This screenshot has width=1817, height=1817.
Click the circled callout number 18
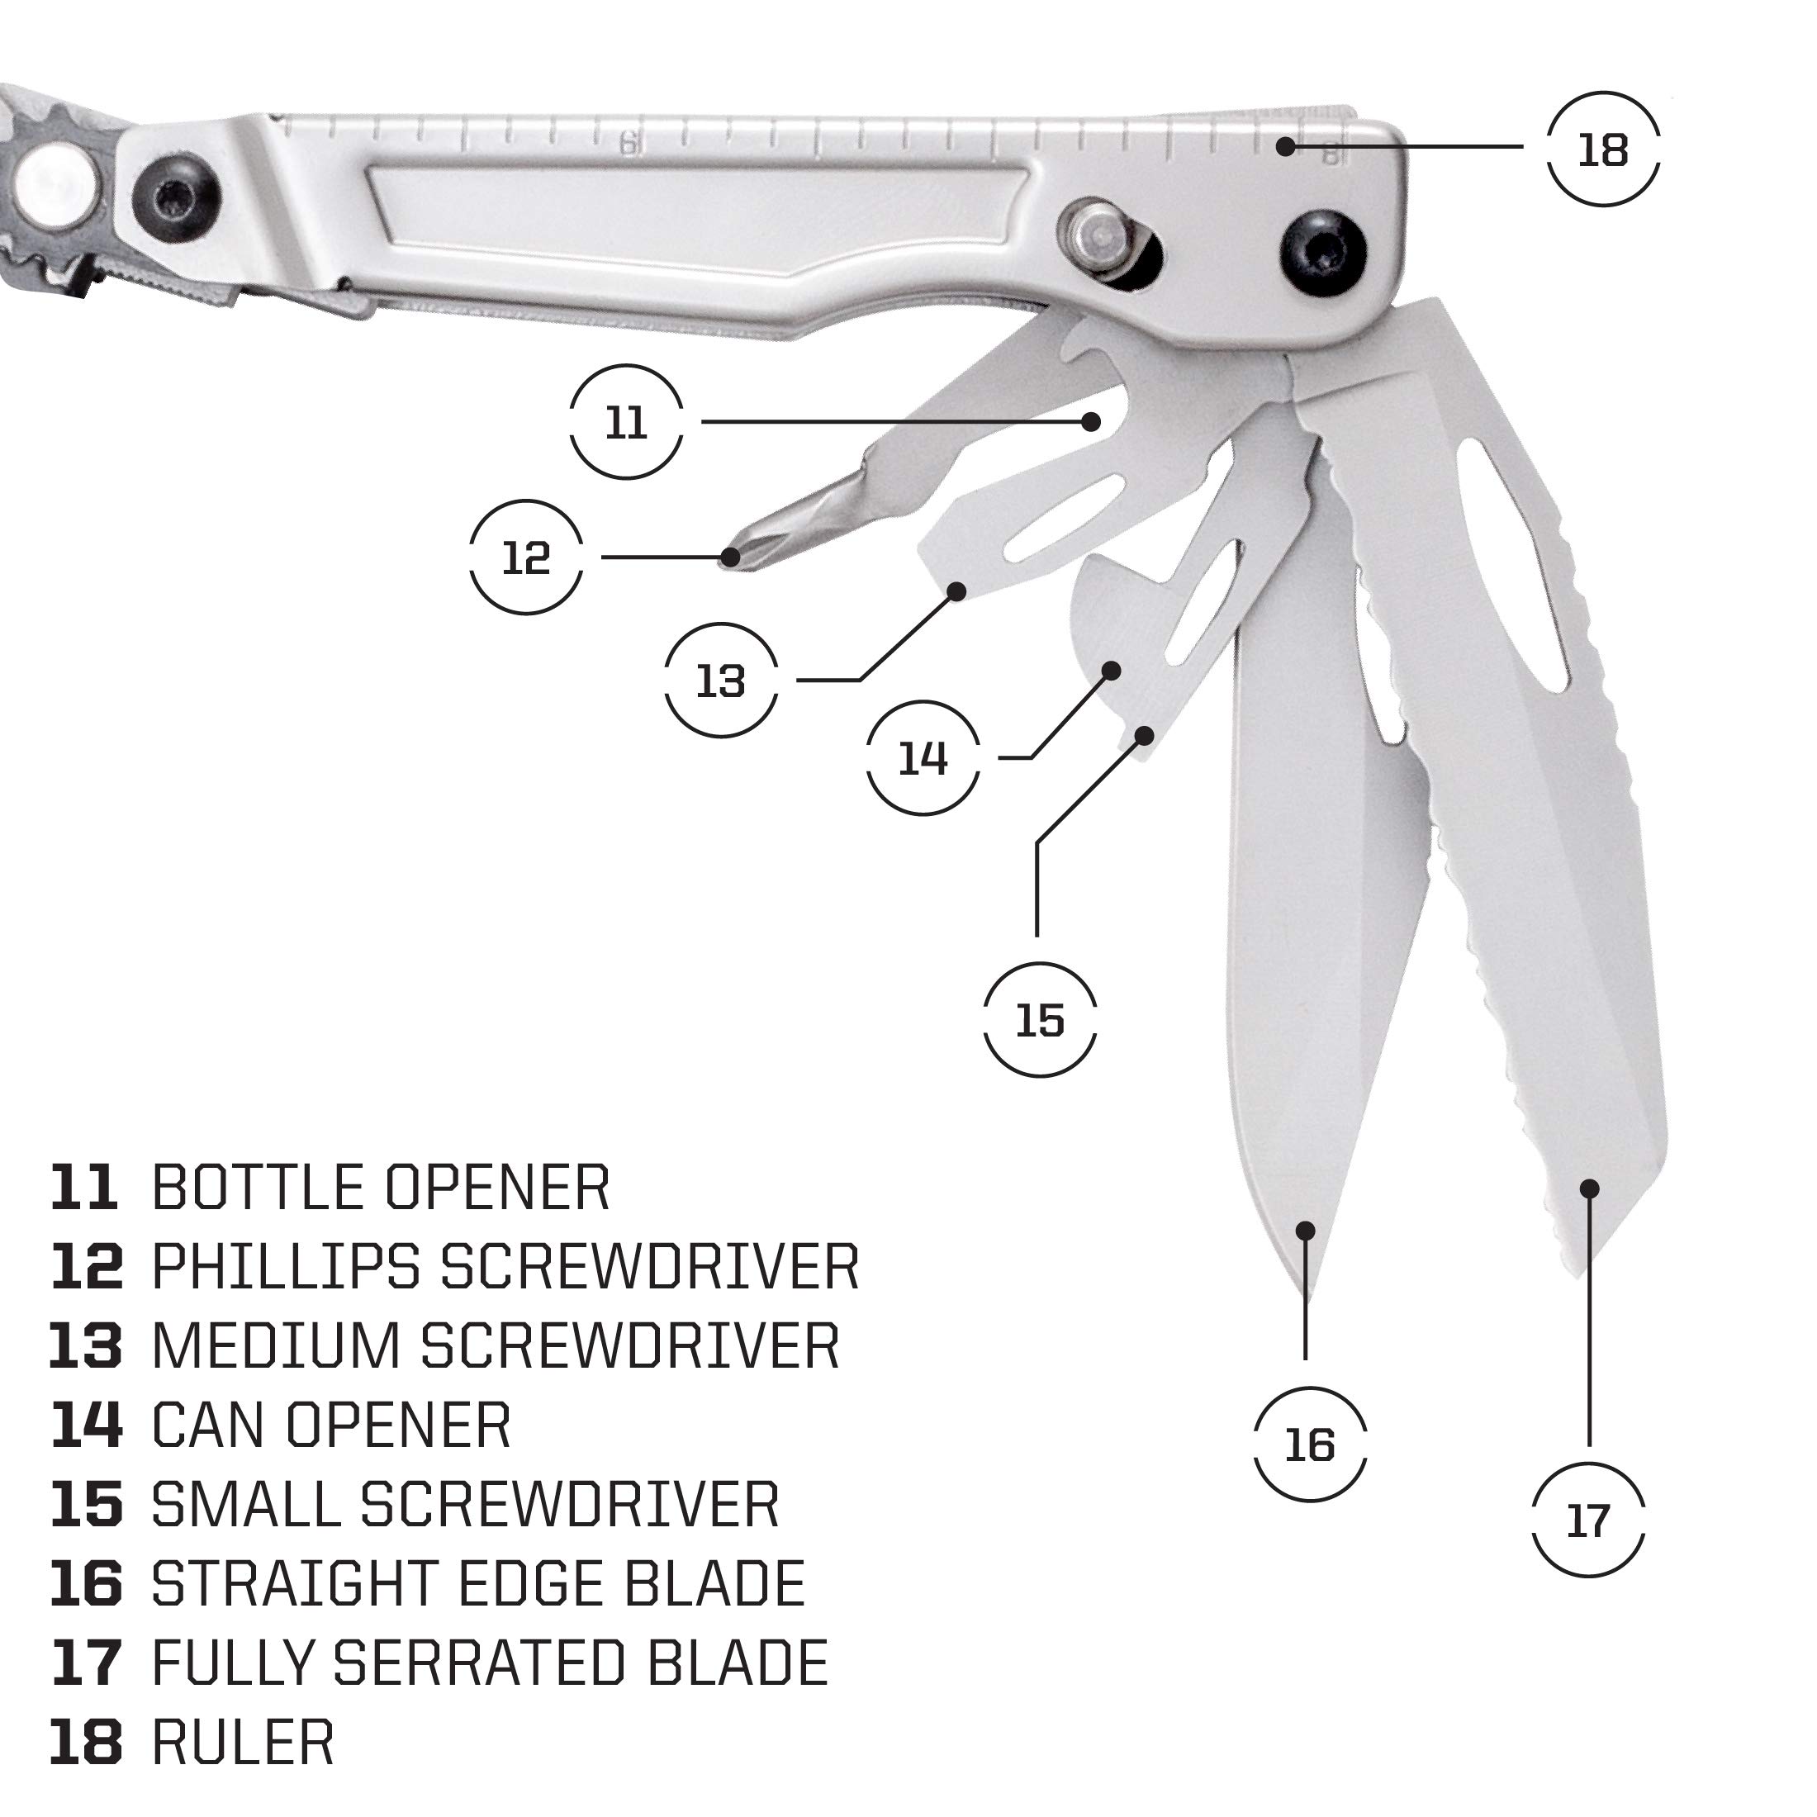[x=1602, y=149]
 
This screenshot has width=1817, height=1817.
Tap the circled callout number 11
[x=625, y=423]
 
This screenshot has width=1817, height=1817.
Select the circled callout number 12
[x=526, y=557]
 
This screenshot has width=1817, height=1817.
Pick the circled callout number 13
[x=720, y=680]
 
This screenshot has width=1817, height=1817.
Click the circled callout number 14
[x=923, y=757]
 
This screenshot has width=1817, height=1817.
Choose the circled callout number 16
[x=1309, y=1444]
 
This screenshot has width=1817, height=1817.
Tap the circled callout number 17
[x=1588, y=1520]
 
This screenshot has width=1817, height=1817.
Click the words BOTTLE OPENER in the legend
[x=381, y=1188]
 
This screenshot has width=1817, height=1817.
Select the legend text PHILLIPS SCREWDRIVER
[x=505, y=1267]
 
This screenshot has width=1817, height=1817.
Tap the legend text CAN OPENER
[x=331, y=1426]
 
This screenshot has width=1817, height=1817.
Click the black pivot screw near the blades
[x=1324, y=253]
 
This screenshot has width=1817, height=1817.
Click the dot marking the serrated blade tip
[x=1589, y=1188]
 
